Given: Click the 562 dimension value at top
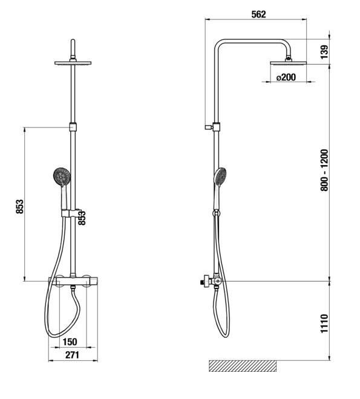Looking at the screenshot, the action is [x=258, y=15].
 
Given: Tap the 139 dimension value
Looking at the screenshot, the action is [x=324, y=52].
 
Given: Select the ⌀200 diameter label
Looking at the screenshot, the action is [x=286, y=77].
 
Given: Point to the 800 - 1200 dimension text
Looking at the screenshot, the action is [x=324, y=170].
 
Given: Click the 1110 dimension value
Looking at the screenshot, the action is [x=324, y=323].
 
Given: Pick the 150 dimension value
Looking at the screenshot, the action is [x=70, y=342].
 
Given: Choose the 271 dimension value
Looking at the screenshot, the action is [x=73, y=355].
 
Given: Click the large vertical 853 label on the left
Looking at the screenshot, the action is [x=19, y=207].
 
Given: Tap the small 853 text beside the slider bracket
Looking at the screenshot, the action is [x=82, y=218].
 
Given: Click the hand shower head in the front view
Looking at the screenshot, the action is [x=62, y=176].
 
